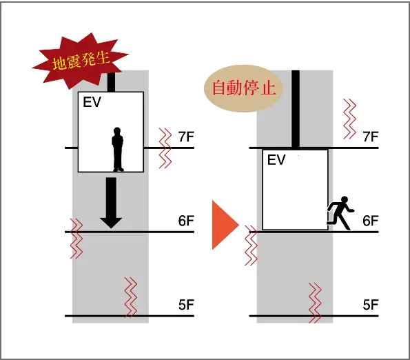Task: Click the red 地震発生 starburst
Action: point(80,61)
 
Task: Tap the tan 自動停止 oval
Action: point(244,88)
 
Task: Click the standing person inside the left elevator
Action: point(118,150)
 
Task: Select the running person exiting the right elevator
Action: point(340,213)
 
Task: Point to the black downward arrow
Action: point(111,203)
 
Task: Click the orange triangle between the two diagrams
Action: point(225,225)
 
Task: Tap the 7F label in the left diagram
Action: point(186,137)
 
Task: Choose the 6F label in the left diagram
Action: point(186,221)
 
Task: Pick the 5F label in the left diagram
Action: point(186,305)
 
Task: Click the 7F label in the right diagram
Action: point(371,137)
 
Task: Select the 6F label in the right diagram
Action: point(371,221)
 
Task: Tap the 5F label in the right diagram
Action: point(371,305)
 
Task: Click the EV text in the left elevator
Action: point(92,102)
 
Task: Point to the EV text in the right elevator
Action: point(276,160)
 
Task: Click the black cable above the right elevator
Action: point(296,110)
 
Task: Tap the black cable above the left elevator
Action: point(111,82)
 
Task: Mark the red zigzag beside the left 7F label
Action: point(165,148)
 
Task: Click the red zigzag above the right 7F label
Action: point(350,119)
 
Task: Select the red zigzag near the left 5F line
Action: point(131,297)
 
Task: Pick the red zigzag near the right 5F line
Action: point(315,303)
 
